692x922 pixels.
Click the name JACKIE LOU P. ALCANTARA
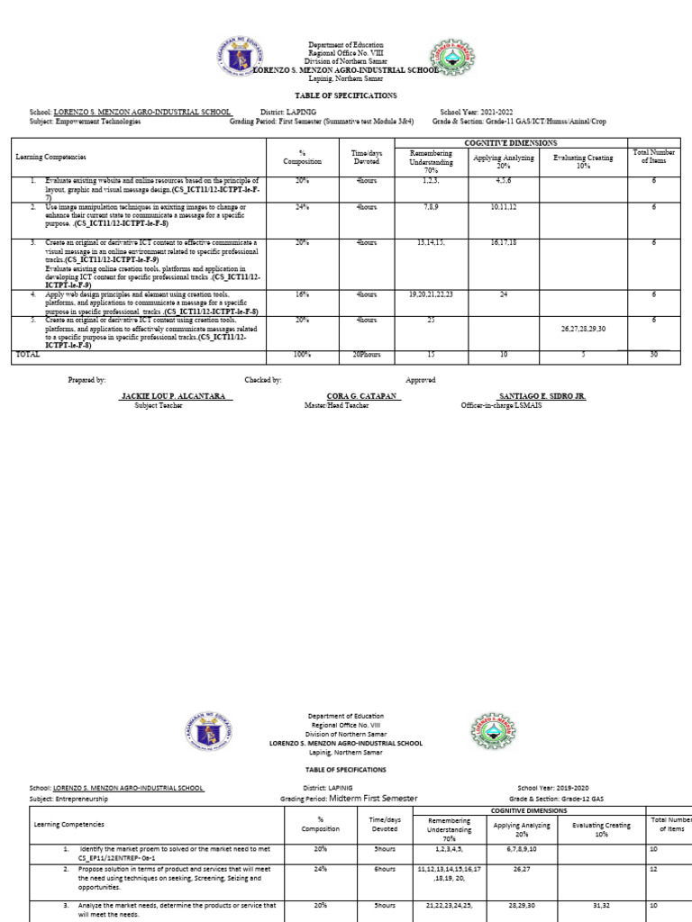[177, 396]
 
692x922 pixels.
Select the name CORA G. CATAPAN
[362, 396]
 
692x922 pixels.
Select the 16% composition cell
[302, 294]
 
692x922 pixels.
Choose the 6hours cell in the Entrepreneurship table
[385, 870]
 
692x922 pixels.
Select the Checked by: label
[263, 380]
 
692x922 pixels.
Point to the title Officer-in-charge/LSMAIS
[501, 406]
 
